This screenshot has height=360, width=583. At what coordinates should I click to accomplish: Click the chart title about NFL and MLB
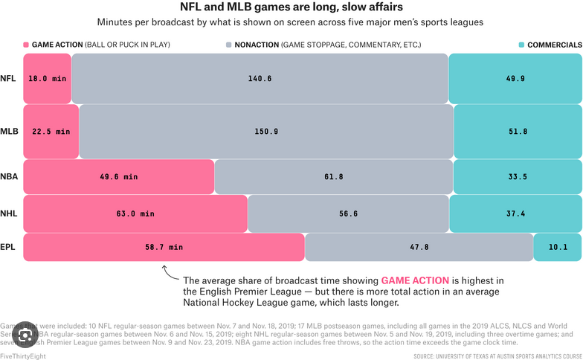coord(291,7)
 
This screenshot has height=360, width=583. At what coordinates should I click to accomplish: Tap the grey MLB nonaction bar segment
coord(266,131)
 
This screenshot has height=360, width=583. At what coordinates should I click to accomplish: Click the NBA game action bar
coord(119,177)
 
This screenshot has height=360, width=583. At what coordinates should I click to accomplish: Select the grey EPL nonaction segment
coord(418,247)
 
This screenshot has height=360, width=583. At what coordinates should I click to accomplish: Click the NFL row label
coord(9,78)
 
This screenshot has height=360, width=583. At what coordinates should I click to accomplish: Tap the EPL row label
coord(9,247)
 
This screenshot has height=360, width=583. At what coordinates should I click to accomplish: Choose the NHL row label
coord(9,213)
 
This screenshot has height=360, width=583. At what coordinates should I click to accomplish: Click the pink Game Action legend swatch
coord(27,45)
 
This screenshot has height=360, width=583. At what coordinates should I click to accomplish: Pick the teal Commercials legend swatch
coord(521,45)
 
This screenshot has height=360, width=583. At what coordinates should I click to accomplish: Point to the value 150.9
coord(266,132)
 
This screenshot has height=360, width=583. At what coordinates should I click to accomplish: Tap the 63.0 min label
coord(135,213)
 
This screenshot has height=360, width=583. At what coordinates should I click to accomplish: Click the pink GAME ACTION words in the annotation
coord(415,280)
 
